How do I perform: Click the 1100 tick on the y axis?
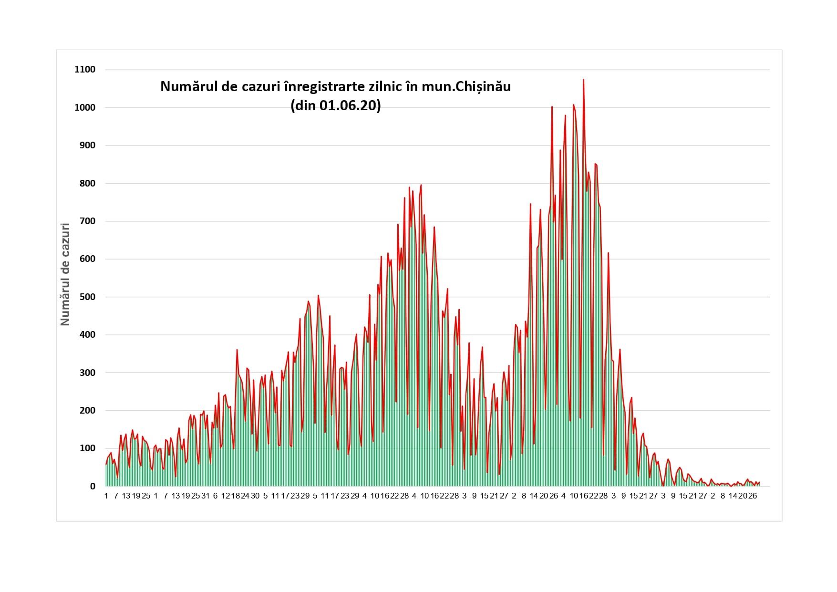click(85, 70)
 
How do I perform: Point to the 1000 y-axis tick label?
click(85, 108)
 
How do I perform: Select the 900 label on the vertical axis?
click(87, 145)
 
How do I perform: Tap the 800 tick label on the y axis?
click(87, 184)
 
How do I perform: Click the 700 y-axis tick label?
click(87, 221)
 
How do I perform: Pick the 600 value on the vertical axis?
click(87, 259)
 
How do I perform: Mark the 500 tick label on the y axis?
click(87, 297)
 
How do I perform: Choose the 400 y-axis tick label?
click(87, 335)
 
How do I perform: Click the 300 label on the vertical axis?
click(87, 373)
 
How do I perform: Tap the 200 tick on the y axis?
click(87, 411)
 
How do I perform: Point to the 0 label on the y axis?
click(93, 487)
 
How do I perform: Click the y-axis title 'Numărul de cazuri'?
click(65, 274)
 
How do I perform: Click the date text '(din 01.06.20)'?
click(336, 105)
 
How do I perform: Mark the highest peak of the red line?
click(583, 80)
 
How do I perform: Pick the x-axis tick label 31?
click(206, 496)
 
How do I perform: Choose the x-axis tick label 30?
click(255, 496)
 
